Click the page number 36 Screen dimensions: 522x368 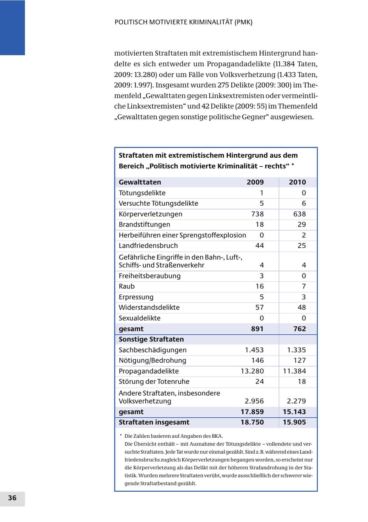pos(12,498)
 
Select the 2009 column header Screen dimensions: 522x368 pos(255,182)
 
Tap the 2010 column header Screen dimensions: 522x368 pos(297,182)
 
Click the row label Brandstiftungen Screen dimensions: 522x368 pos(144,224)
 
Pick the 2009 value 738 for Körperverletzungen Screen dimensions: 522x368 pos(257,214)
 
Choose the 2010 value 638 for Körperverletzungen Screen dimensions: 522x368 pos(299,214)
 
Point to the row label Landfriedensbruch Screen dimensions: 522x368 pos(148,246)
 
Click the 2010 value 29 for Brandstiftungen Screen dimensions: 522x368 pos(302,224)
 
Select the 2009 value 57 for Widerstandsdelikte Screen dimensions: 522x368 pos(259,307)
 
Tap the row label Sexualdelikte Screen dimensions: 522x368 pos(139,318)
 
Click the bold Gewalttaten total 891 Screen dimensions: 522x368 pos(257,329)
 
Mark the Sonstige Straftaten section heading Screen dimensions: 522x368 pos(151,339)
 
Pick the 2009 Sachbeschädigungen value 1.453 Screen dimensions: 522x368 pos(254,350)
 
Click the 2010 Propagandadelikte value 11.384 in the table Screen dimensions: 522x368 pos(294,371)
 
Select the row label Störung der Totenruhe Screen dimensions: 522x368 pos(154,381)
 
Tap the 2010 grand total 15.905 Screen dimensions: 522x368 pos(294,422)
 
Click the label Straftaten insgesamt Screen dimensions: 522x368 pos(154,422)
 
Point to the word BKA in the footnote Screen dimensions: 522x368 pos(217,436)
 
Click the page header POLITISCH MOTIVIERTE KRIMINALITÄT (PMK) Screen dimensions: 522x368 pos(183,22)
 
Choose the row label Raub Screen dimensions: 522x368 pos(126,286)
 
